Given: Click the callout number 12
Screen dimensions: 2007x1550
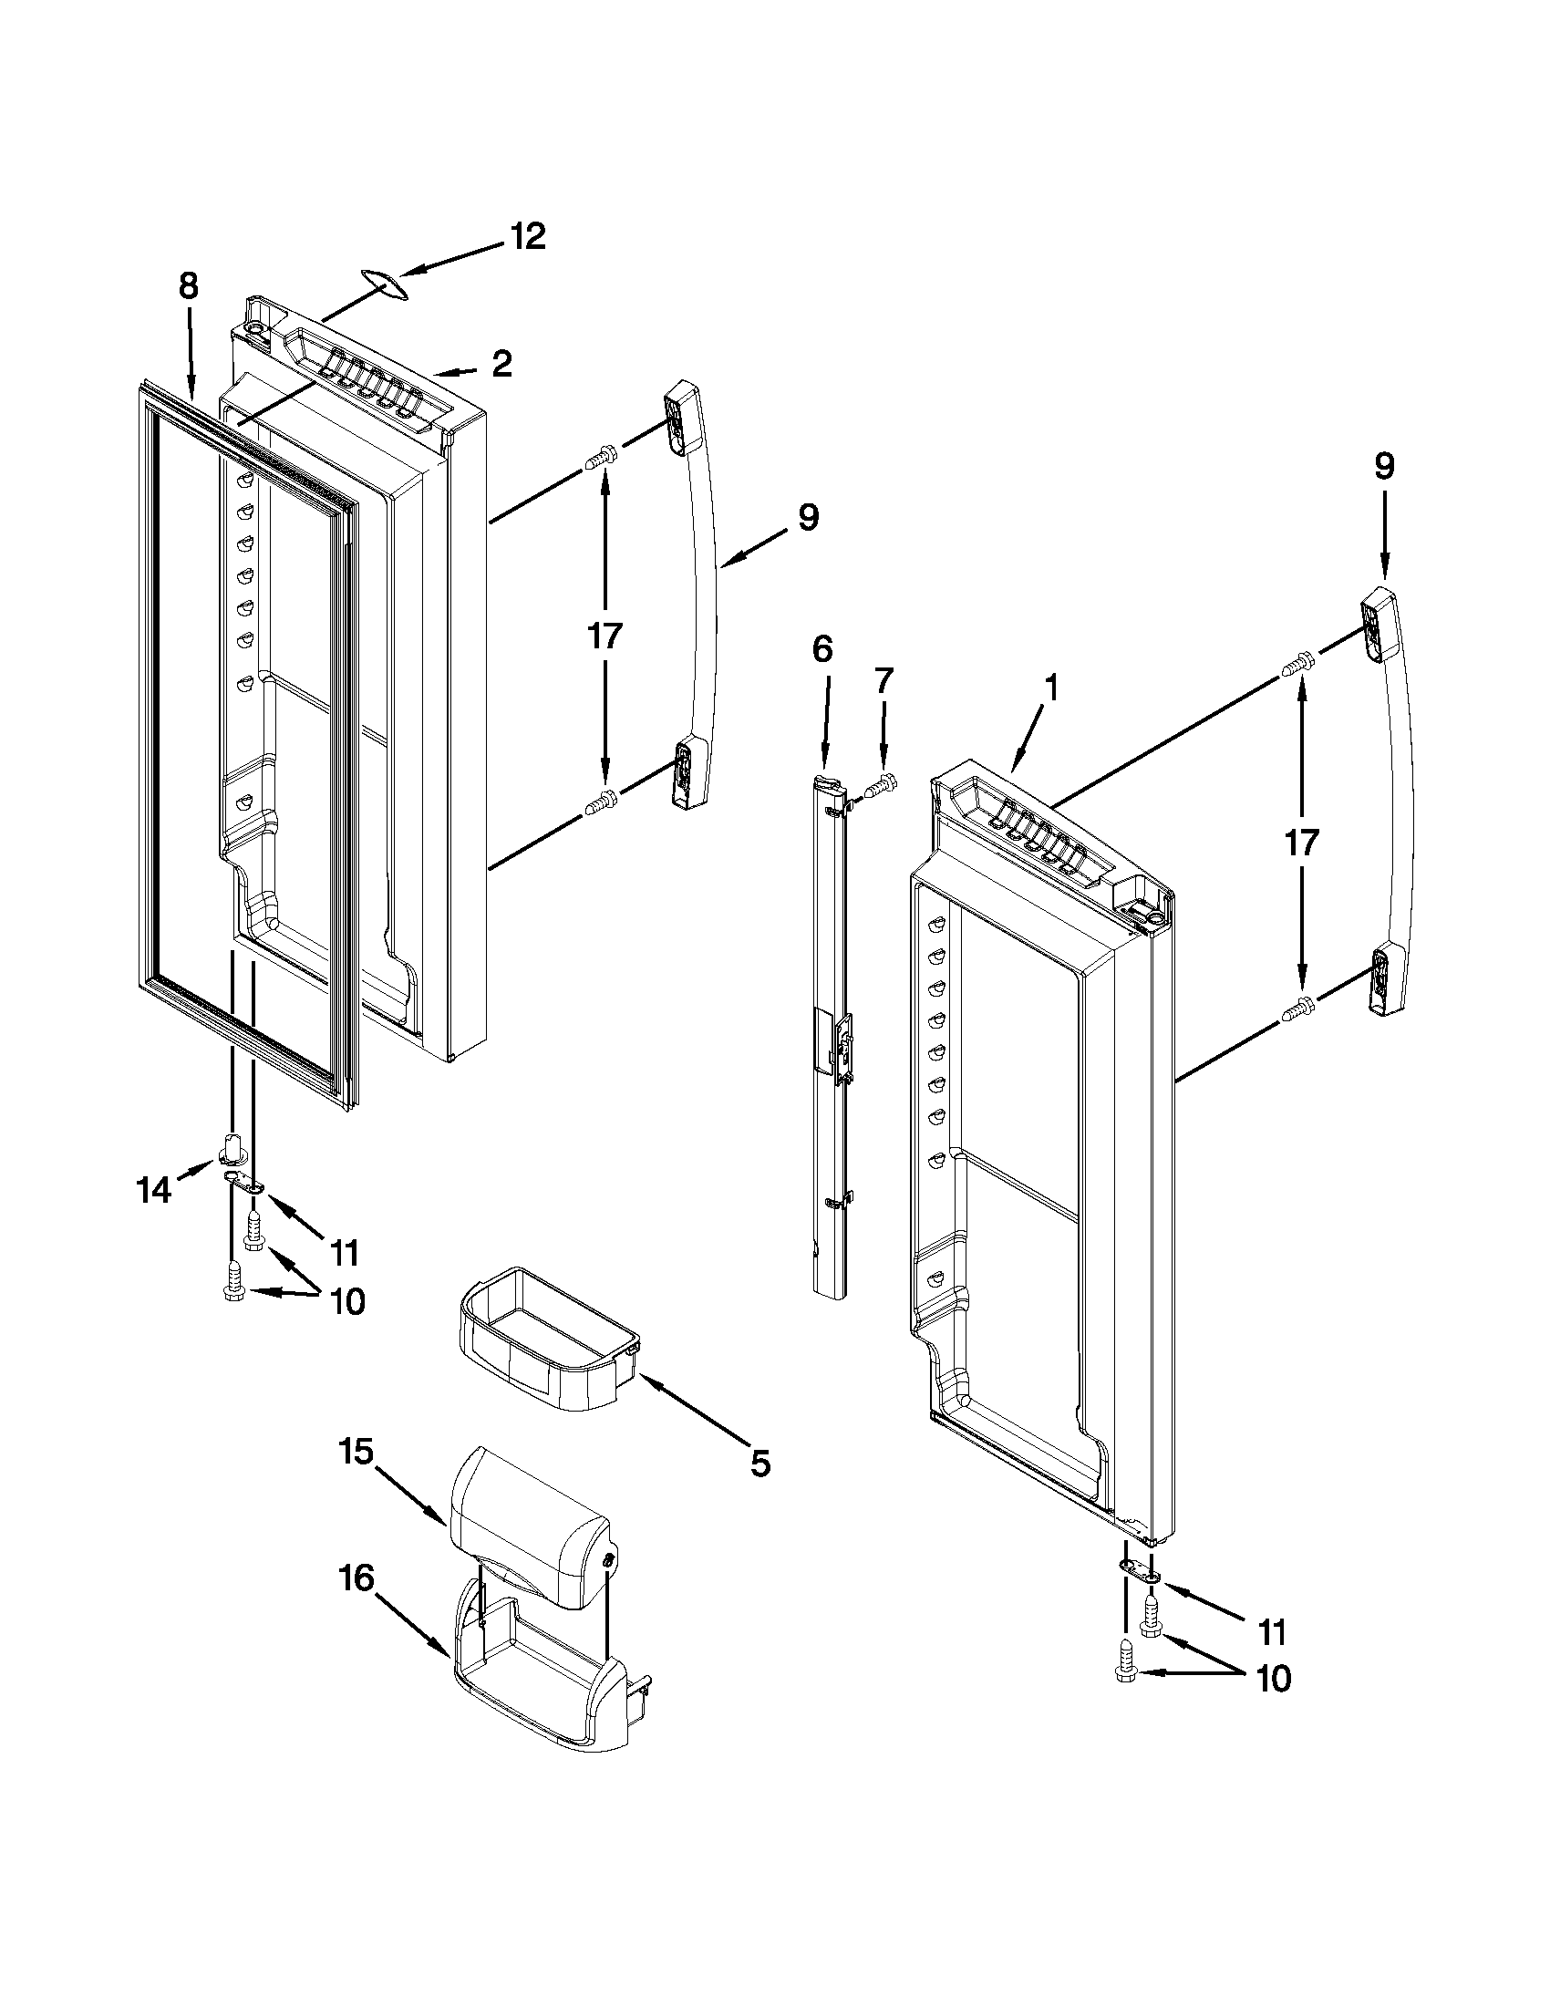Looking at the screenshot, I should point(528,237).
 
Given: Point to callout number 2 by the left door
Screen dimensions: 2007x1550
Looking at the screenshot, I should point(501,365).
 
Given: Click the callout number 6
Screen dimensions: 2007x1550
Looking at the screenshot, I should point(822,651).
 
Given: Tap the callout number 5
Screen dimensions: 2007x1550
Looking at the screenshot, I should point(759,1463).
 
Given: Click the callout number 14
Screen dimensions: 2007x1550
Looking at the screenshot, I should point(153,1191).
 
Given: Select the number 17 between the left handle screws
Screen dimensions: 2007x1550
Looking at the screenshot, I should point(605,636).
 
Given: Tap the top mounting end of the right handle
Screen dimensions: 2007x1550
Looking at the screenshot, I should point(1380,625).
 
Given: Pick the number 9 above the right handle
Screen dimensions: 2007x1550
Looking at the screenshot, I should point(1384,467).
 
